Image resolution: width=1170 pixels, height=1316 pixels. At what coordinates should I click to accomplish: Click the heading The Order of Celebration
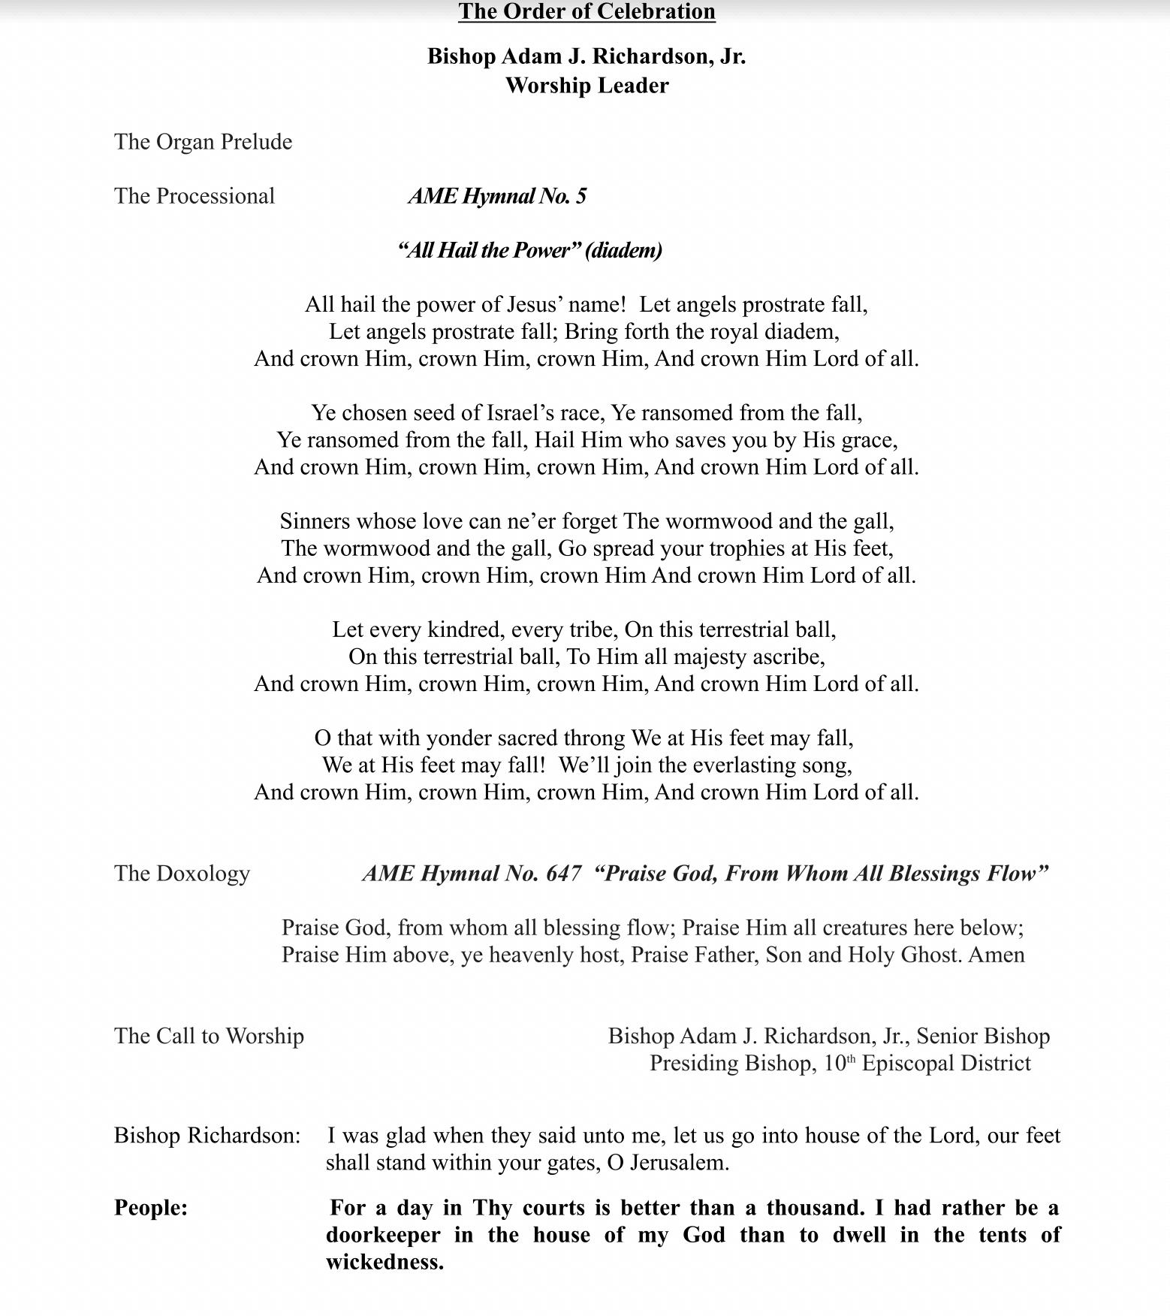tap(587, 12)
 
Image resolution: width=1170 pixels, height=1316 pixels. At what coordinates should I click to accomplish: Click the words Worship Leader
tap(587, 86)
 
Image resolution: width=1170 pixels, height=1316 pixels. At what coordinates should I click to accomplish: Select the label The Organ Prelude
tap(203, 142)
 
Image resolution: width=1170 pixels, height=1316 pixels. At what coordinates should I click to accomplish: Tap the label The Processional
tap(194, 196)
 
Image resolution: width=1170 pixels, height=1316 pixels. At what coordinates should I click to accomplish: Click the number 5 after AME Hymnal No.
tap(580, 196)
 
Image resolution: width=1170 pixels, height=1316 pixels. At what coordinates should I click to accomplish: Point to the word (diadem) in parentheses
tap(623, 250)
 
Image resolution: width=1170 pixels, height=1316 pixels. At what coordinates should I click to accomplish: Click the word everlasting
tap(742, 765)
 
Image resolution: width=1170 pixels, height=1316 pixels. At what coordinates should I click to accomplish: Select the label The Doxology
tap(182, 874)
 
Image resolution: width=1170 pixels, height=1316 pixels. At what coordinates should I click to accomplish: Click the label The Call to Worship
tap(209, 1037)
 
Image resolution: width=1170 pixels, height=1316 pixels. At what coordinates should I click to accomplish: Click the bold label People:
tap(151, 1208)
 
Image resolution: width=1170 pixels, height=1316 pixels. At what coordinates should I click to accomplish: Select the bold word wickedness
tap(384, 1262)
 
